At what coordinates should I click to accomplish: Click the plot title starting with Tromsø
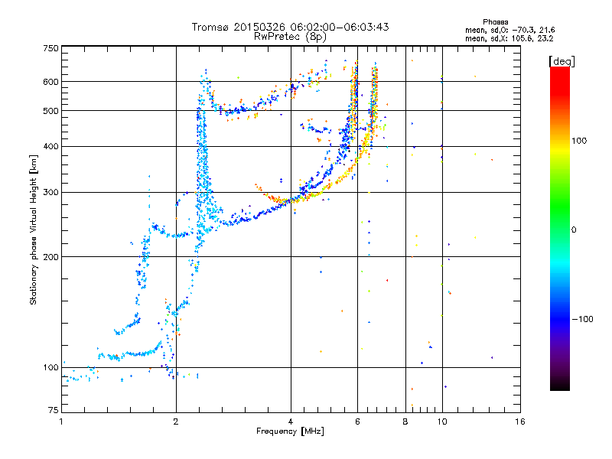point(290,27)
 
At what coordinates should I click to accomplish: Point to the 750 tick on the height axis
point(50,48)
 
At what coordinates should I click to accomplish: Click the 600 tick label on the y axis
point(50,82)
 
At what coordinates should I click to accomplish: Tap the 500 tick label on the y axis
point(50,111)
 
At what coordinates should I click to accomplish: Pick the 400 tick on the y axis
point(50,147)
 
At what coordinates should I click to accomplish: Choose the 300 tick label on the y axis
point(50,193)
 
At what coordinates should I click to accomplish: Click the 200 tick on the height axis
point(50,257)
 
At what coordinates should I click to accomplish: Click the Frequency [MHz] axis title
point(290,431)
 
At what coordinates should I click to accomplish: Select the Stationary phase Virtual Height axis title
point(34,230)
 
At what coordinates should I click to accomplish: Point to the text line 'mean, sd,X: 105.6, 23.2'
point(514,37)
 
